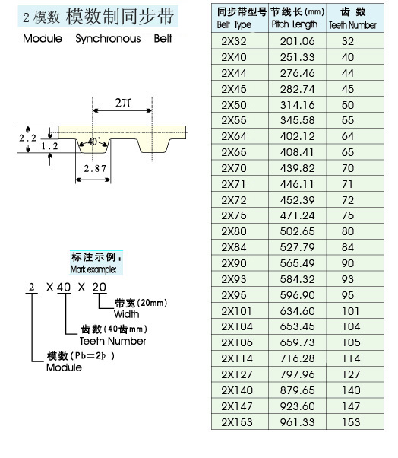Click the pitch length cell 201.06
(298, 41)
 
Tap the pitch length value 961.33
(298, 422)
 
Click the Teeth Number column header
(352, 18)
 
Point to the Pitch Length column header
(298, 18)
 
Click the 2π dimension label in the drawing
(122, 103)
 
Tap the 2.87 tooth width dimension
(95, 169)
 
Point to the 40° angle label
(94, 142)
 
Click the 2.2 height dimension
(27, 138)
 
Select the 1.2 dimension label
(49, 146)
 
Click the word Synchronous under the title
(108, 39)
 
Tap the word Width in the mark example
(126, 314)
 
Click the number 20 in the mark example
(99, 287)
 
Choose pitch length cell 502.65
(298, 231)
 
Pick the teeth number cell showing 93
(348, 279)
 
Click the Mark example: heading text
(93, 269)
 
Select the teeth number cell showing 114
(351, 358)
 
